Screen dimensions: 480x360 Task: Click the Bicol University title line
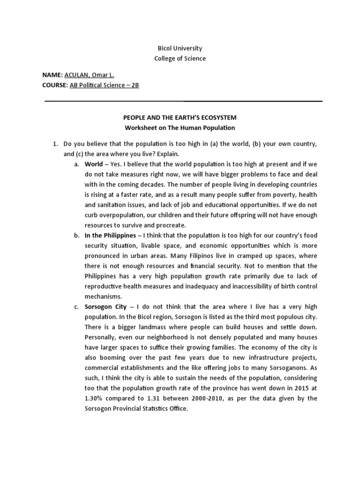180,48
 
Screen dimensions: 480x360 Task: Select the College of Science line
180,59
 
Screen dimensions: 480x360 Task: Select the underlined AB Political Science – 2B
105,85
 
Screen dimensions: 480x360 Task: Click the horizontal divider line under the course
183,101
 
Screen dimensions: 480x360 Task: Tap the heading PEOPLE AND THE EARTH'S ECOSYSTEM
180,117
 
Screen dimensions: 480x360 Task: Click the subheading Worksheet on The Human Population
180,127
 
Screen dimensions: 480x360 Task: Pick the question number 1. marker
54,144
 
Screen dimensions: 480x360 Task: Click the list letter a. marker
76,164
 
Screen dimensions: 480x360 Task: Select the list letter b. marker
76,235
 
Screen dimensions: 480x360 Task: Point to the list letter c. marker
76,307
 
